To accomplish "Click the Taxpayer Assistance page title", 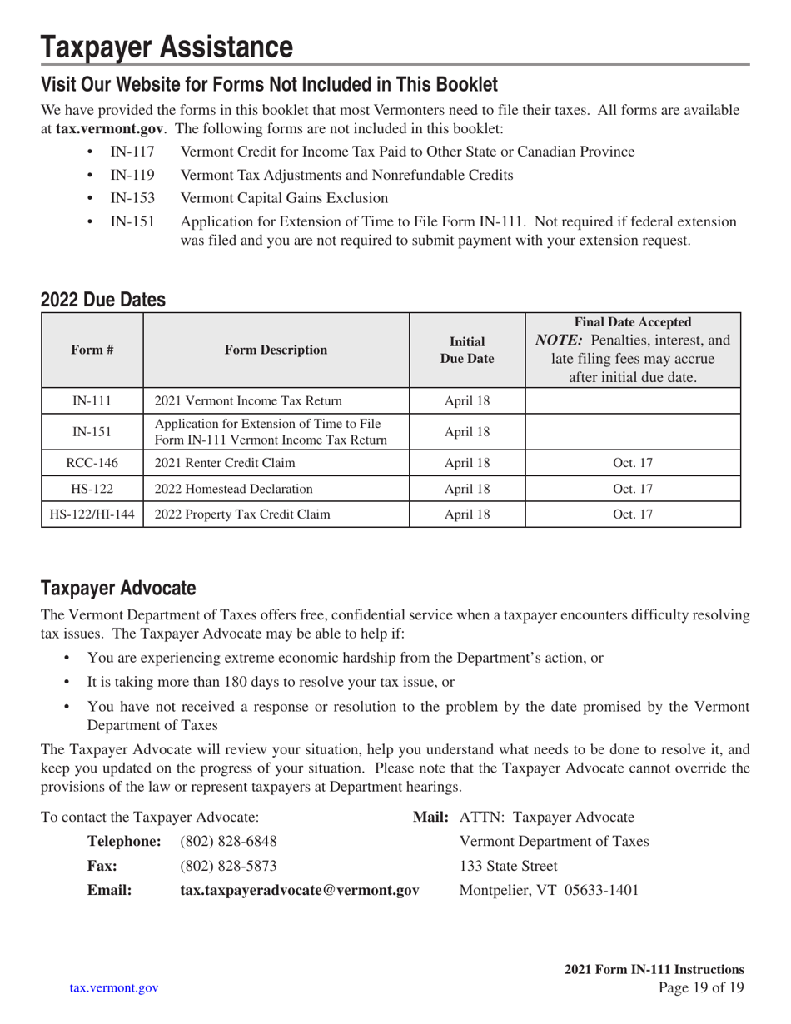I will [167, 47].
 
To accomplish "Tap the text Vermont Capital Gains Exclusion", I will [284, 198].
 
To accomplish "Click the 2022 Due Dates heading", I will [103, 299].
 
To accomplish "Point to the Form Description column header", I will [276, 350].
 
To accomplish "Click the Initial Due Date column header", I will [467, 350].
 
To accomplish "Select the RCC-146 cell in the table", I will [92, 462].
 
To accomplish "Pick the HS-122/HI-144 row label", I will [92, 514].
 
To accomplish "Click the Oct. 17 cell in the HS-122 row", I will [633, 488].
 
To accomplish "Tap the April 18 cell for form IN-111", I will [467, 400].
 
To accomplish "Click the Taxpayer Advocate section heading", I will [118, 589].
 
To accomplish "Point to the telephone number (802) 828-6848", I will [228, 843].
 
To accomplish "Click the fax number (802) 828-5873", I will [228, 866].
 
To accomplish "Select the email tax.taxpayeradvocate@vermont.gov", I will [299, 890].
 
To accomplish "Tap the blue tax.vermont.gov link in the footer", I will [114, 988].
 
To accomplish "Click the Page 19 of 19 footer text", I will [700, 988].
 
